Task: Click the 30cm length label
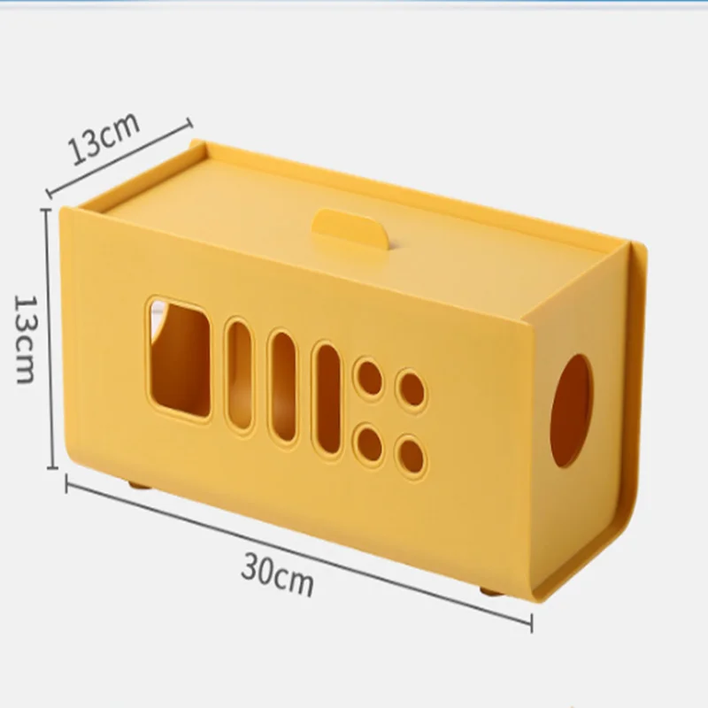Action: (277, 574)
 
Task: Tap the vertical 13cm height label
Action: (25, 339)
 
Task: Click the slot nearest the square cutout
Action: (239, 376)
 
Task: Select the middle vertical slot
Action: (283, 388)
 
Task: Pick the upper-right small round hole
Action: (412, 390)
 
